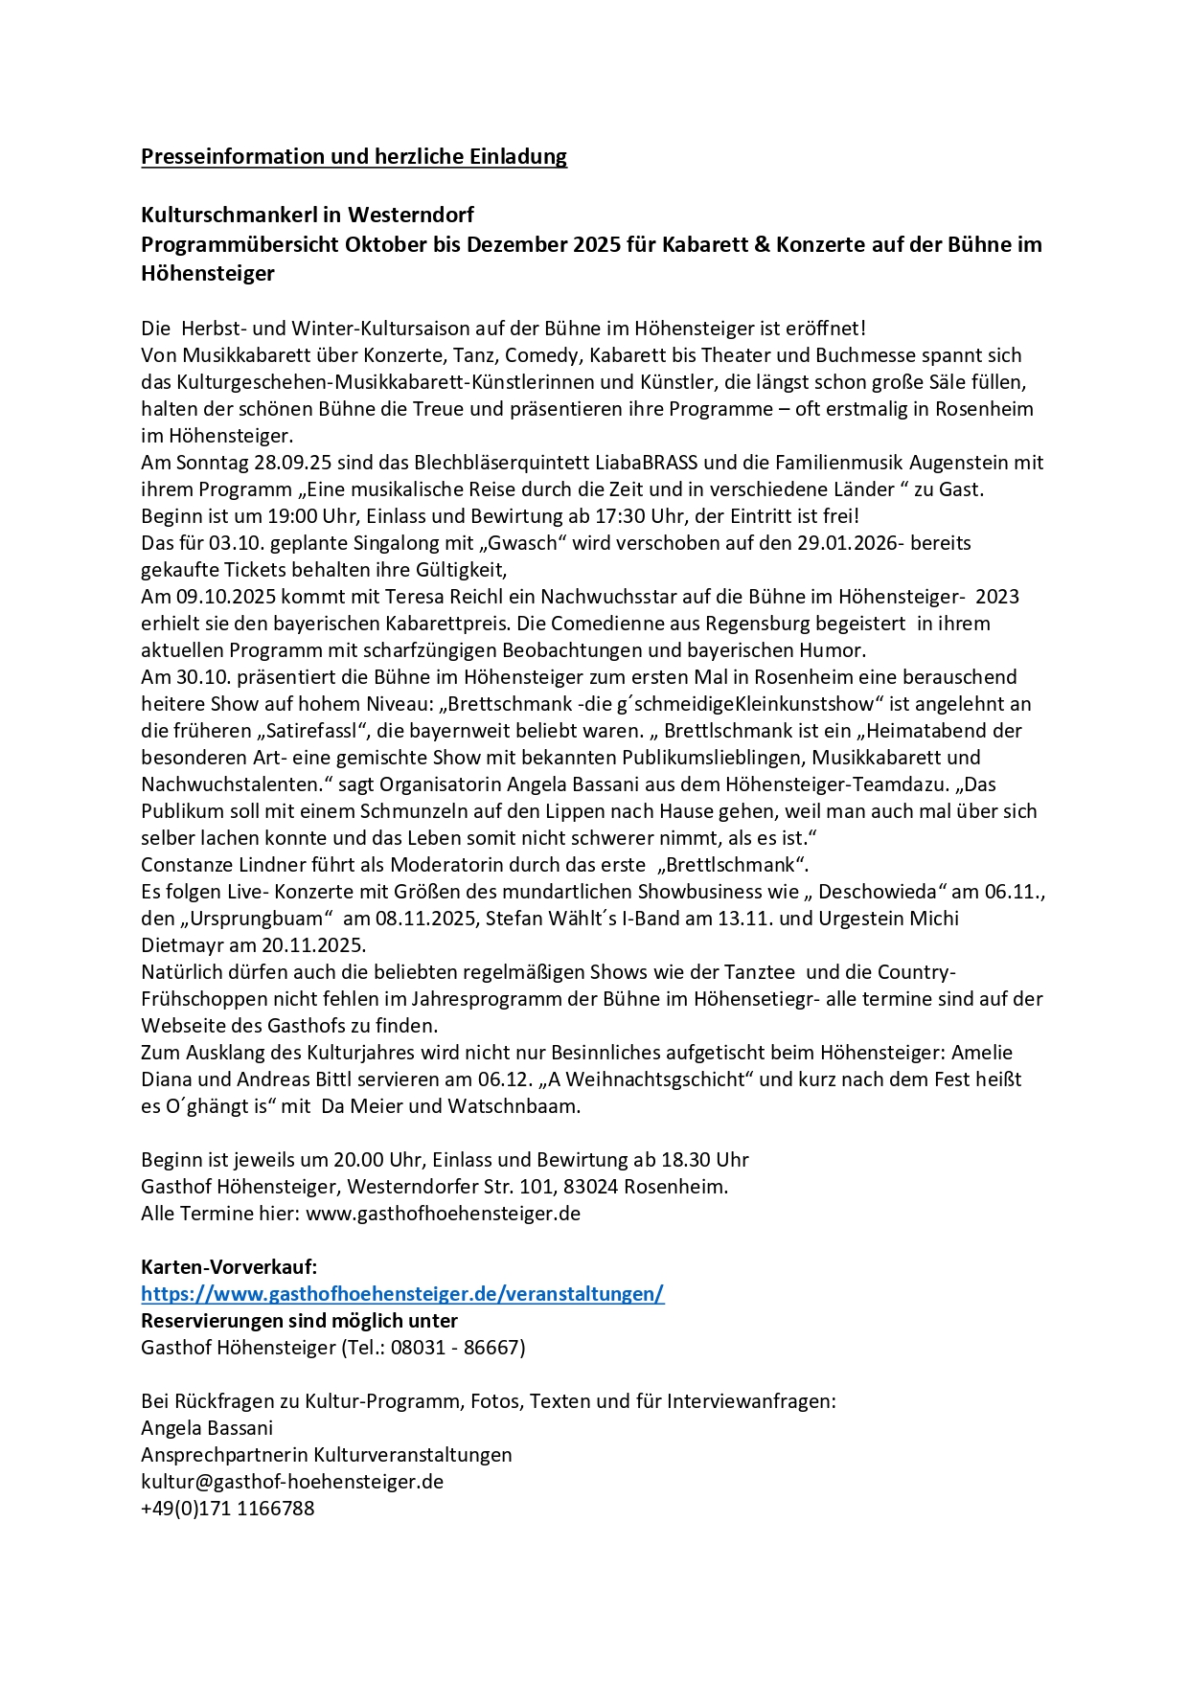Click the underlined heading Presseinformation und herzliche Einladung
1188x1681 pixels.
(354, 156)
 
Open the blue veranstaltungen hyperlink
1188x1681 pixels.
(402, 1294)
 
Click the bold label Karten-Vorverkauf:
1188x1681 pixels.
(229, 1267)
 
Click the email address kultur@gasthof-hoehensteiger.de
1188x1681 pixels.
(292, 1482)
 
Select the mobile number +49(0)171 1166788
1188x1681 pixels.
(228, 1509)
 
